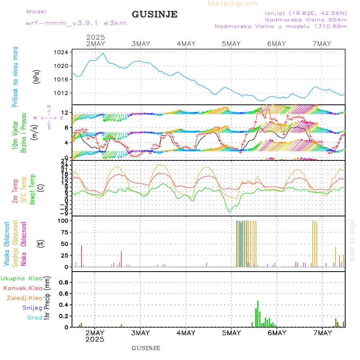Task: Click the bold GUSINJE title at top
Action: coord(154,14)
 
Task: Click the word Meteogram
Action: coord(233,4)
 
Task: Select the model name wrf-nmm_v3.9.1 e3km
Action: coord(76,23)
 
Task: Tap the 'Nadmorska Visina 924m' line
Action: coord(306,19)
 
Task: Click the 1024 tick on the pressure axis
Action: coord(62,52)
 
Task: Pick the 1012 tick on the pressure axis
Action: coord(62,93)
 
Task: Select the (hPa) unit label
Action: coord(37,77)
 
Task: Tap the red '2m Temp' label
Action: coord(15,191)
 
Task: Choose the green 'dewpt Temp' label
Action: coord(32,189)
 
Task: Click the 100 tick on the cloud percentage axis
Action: coord(63,220)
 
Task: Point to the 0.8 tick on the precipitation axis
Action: coord(64,282)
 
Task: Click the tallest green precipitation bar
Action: coord(258,314)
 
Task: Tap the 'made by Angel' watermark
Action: coord(352,240)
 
